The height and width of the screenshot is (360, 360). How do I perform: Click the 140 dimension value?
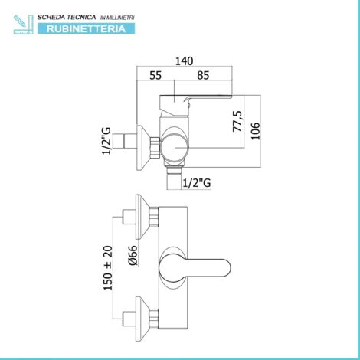click(184, 61)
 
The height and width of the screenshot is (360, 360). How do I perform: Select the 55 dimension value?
click(155, 75)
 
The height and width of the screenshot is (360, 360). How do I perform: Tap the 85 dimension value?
click(203, 75)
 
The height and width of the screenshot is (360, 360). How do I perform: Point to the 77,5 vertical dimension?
click(237, 121)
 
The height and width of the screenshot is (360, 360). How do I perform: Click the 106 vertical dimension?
click(255, 131)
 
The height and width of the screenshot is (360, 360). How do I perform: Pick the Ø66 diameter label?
click(133, 255)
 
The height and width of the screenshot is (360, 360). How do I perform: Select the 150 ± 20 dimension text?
click(108, 268)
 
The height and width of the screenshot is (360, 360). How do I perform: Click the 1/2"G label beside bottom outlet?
click(197, 183)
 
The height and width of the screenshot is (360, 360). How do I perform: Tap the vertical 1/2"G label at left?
click(106, 141)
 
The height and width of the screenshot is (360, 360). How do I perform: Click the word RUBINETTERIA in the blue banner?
click(86, 28)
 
